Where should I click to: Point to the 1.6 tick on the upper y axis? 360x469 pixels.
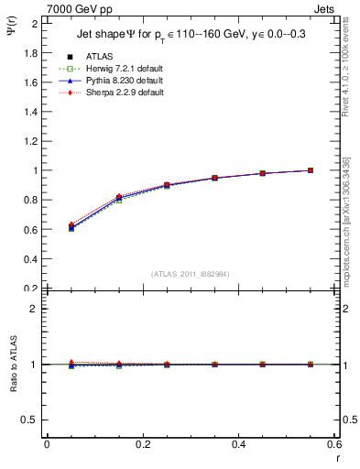[33, 82]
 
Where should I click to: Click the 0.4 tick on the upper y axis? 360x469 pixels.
[33, 259]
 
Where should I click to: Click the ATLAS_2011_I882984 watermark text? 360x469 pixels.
[190, 273]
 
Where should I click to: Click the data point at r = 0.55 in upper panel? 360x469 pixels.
[311, 170]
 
